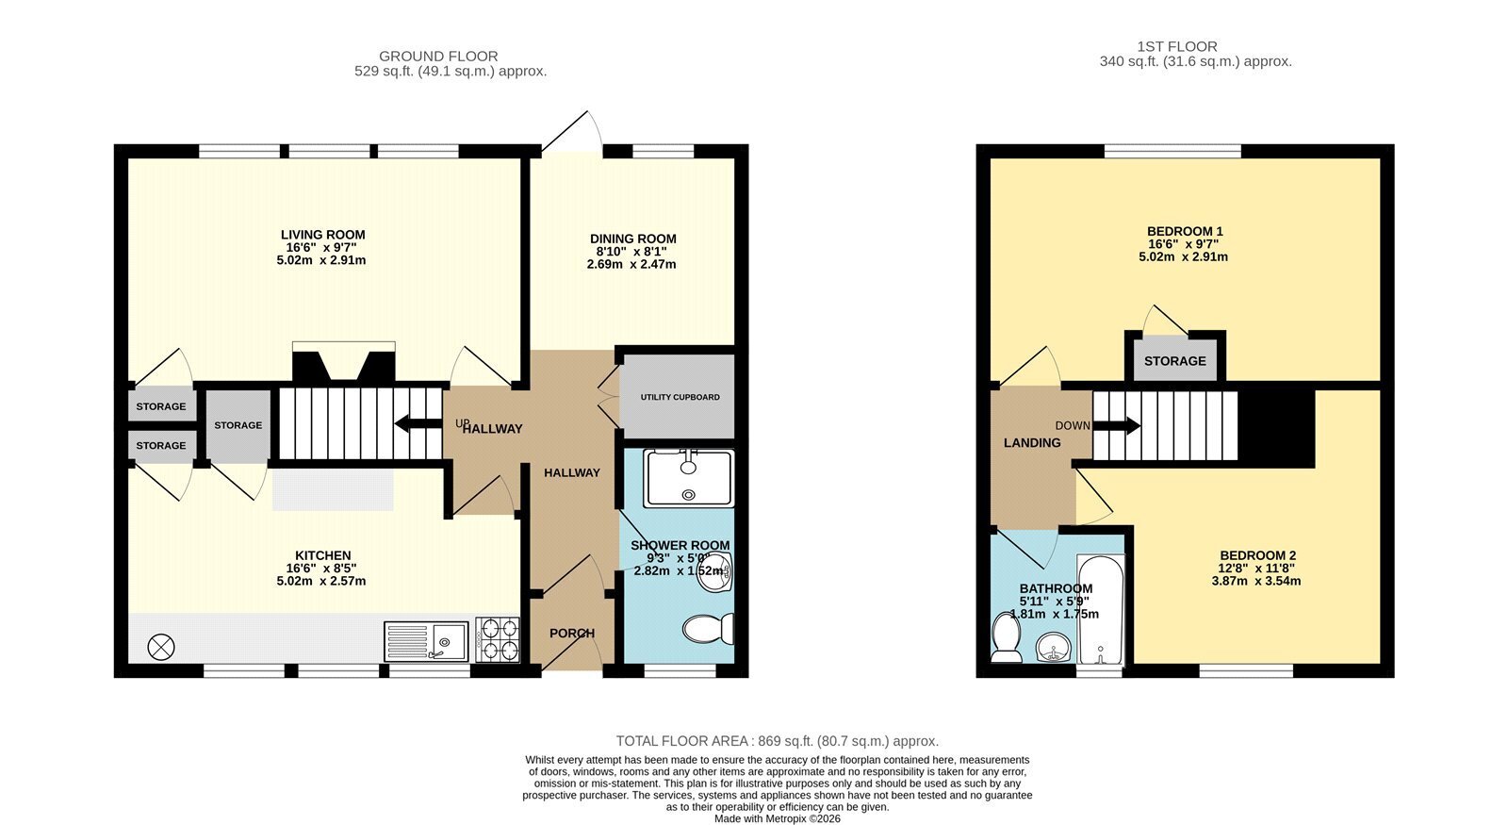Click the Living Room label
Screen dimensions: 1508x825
point(323,235)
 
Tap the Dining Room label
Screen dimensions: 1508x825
point(632,239)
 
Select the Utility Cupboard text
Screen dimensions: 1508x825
point(680,397)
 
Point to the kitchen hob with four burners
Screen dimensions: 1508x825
point(498,640)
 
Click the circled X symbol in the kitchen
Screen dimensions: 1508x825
point(161,647)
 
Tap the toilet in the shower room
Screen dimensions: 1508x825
point(708,629)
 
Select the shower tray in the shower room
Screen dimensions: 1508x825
point(688,478)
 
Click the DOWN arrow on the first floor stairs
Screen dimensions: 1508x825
point(1116,425)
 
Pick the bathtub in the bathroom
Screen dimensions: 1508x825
point(1100,609)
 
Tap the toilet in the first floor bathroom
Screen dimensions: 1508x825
point(1006,637)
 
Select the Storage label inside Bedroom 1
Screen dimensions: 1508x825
point(1174,361)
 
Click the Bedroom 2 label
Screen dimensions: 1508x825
point(1257,555)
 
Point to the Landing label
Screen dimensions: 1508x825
point(1032,442)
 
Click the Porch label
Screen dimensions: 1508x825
point(572,633)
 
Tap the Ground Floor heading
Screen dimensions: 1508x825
point(438,56)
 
